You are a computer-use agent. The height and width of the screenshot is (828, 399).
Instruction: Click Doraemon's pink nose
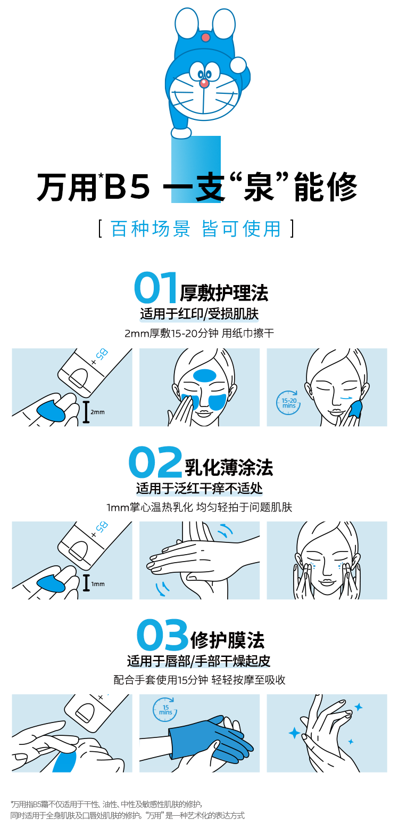(204, 83)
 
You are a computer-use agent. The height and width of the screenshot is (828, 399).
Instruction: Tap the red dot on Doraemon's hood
(205, 37)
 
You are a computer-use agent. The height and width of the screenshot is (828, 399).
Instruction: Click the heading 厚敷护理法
(223, 293)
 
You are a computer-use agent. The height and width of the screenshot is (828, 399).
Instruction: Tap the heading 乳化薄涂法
(229, 467)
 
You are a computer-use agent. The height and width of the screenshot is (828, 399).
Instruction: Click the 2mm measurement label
(97, 412)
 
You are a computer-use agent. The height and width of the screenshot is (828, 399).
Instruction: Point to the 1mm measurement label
(98, 584)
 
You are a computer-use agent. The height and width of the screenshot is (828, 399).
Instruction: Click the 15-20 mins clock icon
(288, 402)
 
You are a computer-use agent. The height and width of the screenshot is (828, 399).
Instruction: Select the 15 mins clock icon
(164, 709)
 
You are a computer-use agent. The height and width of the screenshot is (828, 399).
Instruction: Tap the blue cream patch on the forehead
(205, 376)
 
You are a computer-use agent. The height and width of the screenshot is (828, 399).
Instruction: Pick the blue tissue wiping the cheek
(355, 409)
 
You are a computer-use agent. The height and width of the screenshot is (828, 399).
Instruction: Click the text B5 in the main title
(127, 186)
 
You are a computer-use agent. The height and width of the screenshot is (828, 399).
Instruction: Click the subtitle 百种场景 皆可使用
(196, 229)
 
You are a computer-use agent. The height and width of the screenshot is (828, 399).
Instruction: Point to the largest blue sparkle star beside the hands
(294, 733)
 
